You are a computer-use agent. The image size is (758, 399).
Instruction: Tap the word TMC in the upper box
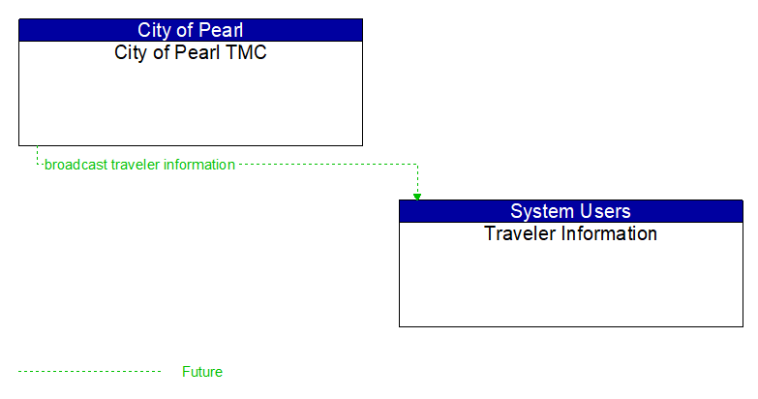247,52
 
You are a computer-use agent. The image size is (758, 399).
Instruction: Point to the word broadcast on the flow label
76,165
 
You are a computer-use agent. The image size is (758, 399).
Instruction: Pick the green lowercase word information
198,165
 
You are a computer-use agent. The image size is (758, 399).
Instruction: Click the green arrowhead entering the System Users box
417,196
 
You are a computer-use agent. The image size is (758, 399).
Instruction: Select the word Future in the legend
202,372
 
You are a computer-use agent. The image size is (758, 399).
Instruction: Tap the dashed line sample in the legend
89,372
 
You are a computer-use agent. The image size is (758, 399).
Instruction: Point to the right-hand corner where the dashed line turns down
417,165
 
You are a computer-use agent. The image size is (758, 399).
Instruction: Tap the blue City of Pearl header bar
290,30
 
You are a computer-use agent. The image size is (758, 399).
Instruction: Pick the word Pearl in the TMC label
197,52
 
